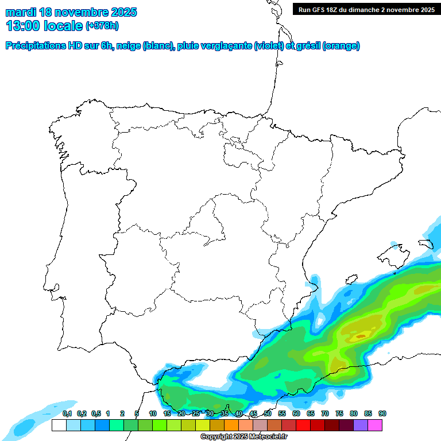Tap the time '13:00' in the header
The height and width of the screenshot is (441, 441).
24,26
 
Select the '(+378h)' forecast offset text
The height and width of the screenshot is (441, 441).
104,26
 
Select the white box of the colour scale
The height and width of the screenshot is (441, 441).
59,425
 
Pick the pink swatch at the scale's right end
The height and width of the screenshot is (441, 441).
375,425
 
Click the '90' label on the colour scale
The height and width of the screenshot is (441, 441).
382,414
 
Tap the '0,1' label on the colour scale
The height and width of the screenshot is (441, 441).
67,414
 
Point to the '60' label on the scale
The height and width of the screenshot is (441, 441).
296,414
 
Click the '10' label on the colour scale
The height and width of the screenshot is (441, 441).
153,414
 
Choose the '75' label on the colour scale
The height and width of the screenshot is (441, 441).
339,414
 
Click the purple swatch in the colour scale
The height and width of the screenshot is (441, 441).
361,425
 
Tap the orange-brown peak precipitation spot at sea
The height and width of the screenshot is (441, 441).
361,336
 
